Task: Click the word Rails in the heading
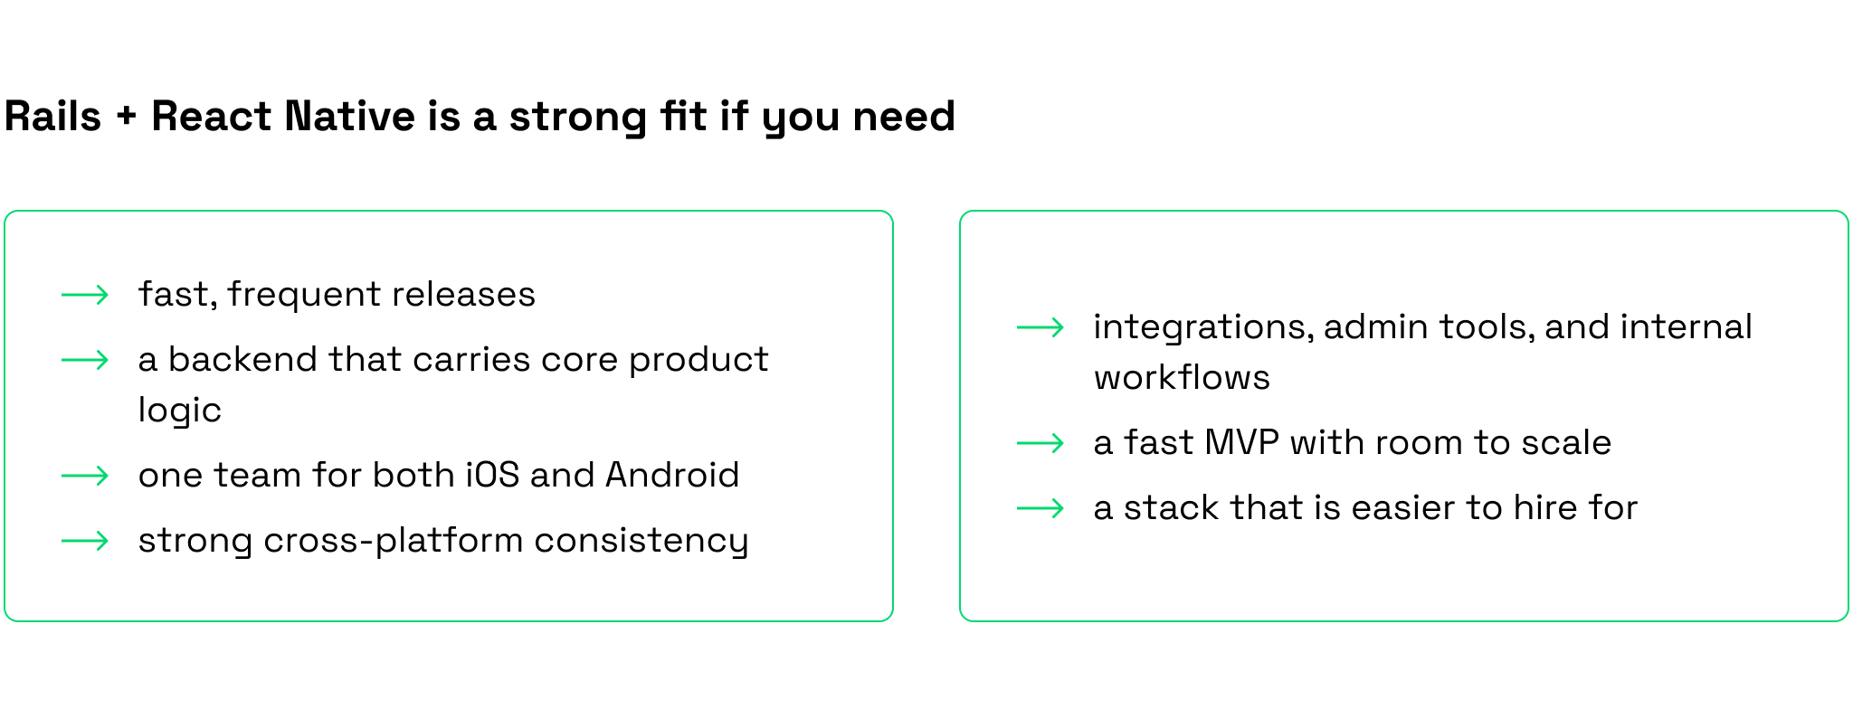tap(52, 117)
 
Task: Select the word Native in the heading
tap(349, 117)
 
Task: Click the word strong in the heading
tap(577, 118)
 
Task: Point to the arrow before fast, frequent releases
tap(85, 295)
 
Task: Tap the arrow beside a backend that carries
tap(85, 360)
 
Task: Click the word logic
tap(179, 411)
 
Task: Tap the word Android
tap(672, 475)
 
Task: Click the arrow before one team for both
tap(85, 476)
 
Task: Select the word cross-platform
tap(394, 541)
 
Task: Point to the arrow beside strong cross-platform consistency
tap(85, 541)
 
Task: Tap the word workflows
tap(1182, 377)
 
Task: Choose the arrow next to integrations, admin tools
tap(1041, 327)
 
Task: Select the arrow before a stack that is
tap(1041, 508)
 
